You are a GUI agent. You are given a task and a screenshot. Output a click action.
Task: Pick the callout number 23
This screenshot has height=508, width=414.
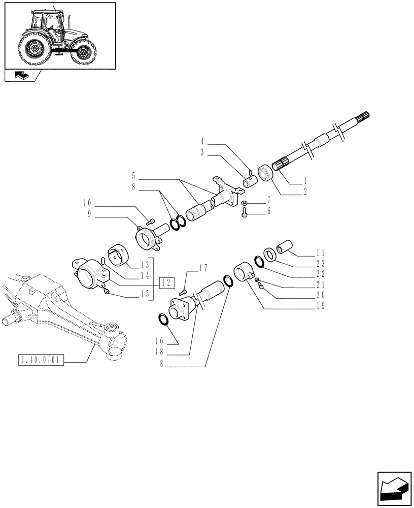click(320, 263)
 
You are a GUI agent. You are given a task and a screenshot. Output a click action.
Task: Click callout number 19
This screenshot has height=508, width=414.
click(320, 306)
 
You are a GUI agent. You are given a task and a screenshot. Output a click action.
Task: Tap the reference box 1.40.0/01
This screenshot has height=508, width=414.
click(40, 361)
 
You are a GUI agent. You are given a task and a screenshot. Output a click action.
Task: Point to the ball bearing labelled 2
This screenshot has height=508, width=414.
click(265, 172)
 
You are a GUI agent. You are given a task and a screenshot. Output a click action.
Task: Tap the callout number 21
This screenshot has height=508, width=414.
click(320, 284)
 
